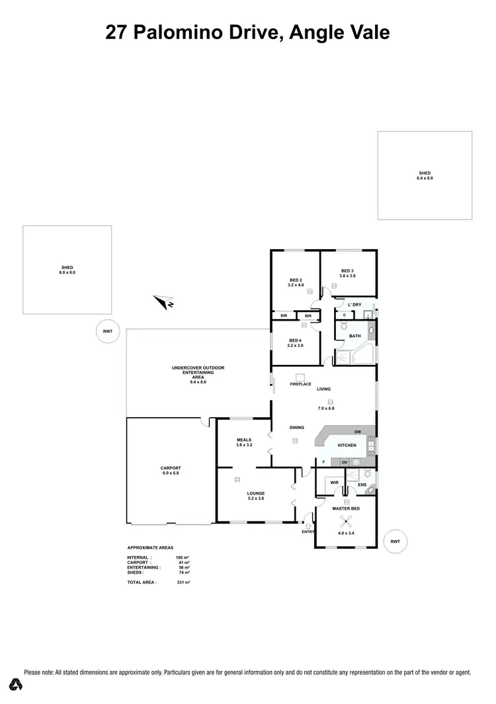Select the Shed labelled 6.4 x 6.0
425,175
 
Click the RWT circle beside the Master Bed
395,541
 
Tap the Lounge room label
256,493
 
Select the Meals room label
244,440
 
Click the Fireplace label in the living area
300,384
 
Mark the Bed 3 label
348,271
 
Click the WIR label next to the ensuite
335,483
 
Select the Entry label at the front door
308,531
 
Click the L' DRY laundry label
354,305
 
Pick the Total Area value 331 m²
183,583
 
